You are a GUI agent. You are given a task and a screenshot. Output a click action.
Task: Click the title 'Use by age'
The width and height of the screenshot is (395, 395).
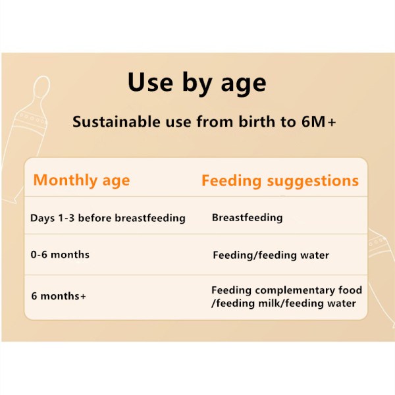[197, 83]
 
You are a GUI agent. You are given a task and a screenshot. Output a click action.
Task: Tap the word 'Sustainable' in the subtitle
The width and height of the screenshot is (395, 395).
[117, 122]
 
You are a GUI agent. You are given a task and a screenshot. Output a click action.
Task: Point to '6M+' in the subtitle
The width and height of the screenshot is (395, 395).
[319, 122]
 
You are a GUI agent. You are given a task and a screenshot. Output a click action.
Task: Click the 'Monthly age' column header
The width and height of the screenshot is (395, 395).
[82, 180]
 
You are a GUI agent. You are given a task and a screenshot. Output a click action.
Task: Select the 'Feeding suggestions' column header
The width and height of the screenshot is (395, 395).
[280, 181]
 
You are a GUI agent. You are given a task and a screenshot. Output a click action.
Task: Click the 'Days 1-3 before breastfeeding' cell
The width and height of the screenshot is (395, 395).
[108, 218]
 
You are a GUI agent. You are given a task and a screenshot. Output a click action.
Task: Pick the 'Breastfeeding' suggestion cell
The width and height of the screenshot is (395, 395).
[247, 218]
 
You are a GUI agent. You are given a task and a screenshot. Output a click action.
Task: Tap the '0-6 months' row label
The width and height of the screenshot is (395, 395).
[60, 255]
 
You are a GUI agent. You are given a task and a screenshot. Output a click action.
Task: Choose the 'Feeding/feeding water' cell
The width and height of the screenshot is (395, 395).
[271, 255]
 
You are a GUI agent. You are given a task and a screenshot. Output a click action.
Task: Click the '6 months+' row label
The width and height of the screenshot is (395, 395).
[59, 296]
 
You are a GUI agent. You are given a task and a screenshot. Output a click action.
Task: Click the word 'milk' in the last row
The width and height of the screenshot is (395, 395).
[270, 303]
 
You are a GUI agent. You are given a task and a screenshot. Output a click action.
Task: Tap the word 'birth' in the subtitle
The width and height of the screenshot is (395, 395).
[257, 122]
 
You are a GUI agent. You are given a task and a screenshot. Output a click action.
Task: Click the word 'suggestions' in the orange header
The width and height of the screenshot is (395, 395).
[313, 182]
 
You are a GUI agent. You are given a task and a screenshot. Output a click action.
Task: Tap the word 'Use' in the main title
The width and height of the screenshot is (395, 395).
[150, 82]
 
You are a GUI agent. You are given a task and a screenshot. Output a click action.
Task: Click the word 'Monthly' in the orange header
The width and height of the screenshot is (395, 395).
[65, 180]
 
